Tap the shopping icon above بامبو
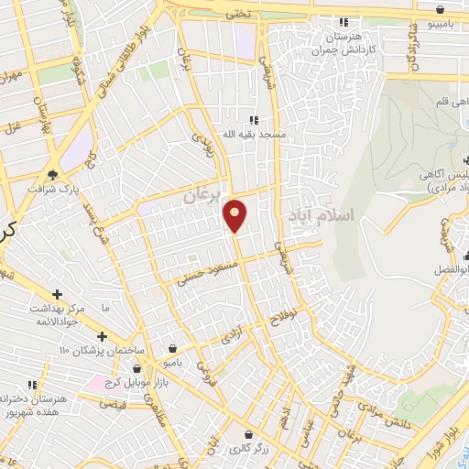point(173,348)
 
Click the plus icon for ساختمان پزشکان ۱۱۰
point(103,336)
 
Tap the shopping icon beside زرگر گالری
point(247,434)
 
